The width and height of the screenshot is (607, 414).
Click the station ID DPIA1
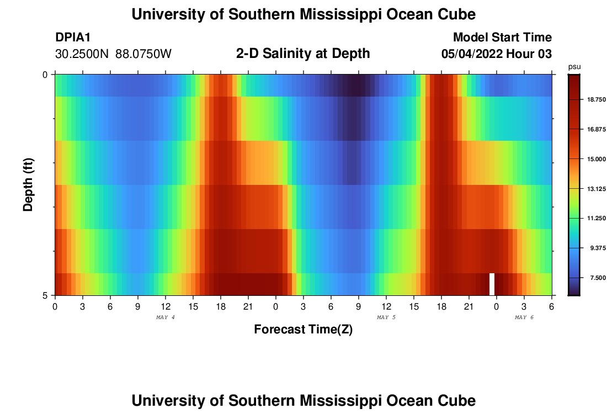(x=73, y=38)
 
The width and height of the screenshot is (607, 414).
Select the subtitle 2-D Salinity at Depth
(x=303, y=54)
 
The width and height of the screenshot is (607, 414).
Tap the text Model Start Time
(x=502, y=38)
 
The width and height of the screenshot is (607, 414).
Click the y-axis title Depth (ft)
(x=29, y=184)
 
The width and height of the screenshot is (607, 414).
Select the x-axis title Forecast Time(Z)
(x=303, y=330)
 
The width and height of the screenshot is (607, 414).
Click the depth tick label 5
(x=45, y=295)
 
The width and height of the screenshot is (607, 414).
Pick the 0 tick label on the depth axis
(x=45, y=75)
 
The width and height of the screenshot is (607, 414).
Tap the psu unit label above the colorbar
(x=574, y=66)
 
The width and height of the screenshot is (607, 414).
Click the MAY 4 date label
(x=166, y=317)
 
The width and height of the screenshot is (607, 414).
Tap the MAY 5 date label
(x=386, y=317)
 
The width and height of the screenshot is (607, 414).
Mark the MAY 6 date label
(x=524, y=317)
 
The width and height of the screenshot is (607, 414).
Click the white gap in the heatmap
(x=492, y=284)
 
